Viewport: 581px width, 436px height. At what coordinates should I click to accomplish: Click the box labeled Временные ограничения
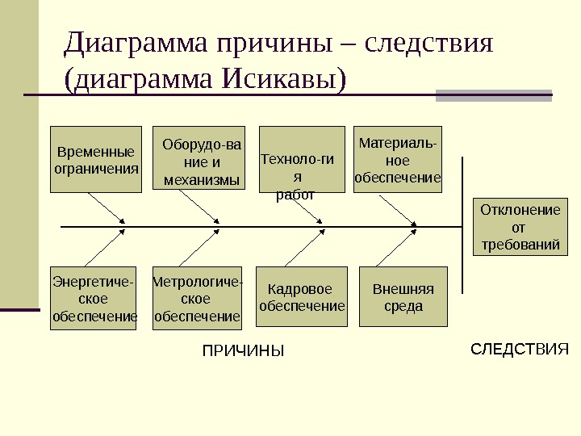(x=95, y=159)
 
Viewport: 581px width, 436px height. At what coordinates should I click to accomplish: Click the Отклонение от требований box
(x=519, y=227)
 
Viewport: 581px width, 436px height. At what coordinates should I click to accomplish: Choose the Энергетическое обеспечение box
(x=95, y=298)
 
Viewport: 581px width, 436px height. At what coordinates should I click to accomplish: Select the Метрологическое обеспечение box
(x=197, y=299)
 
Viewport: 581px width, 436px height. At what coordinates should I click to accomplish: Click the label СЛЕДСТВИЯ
(x=520, y=349)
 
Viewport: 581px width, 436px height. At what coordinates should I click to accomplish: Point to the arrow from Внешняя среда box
(x=404, y=247)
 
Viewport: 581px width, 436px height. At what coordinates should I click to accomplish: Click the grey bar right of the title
(x=494, y=95)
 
